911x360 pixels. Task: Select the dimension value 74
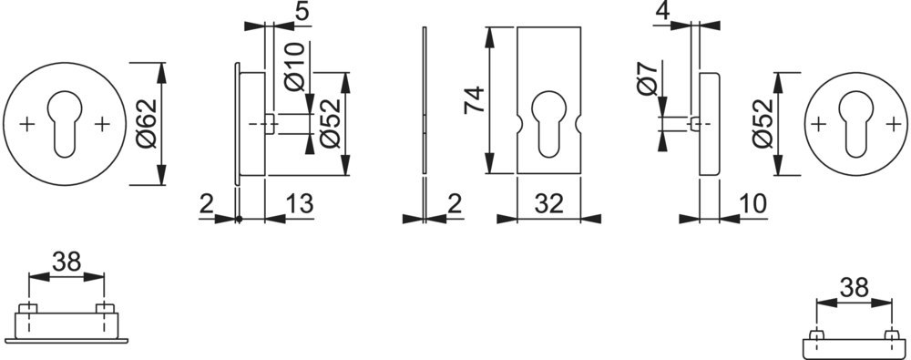(474, 100)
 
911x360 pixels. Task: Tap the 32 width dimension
(549, 204)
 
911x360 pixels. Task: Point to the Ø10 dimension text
(294, 66)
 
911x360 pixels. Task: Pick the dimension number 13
(300, 204)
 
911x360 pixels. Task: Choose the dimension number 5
(302, 12)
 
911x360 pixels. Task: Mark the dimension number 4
(663, 12)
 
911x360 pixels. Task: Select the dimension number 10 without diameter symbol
(752, 204)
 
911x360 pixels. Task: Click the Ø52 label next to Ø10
(330, 123)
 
